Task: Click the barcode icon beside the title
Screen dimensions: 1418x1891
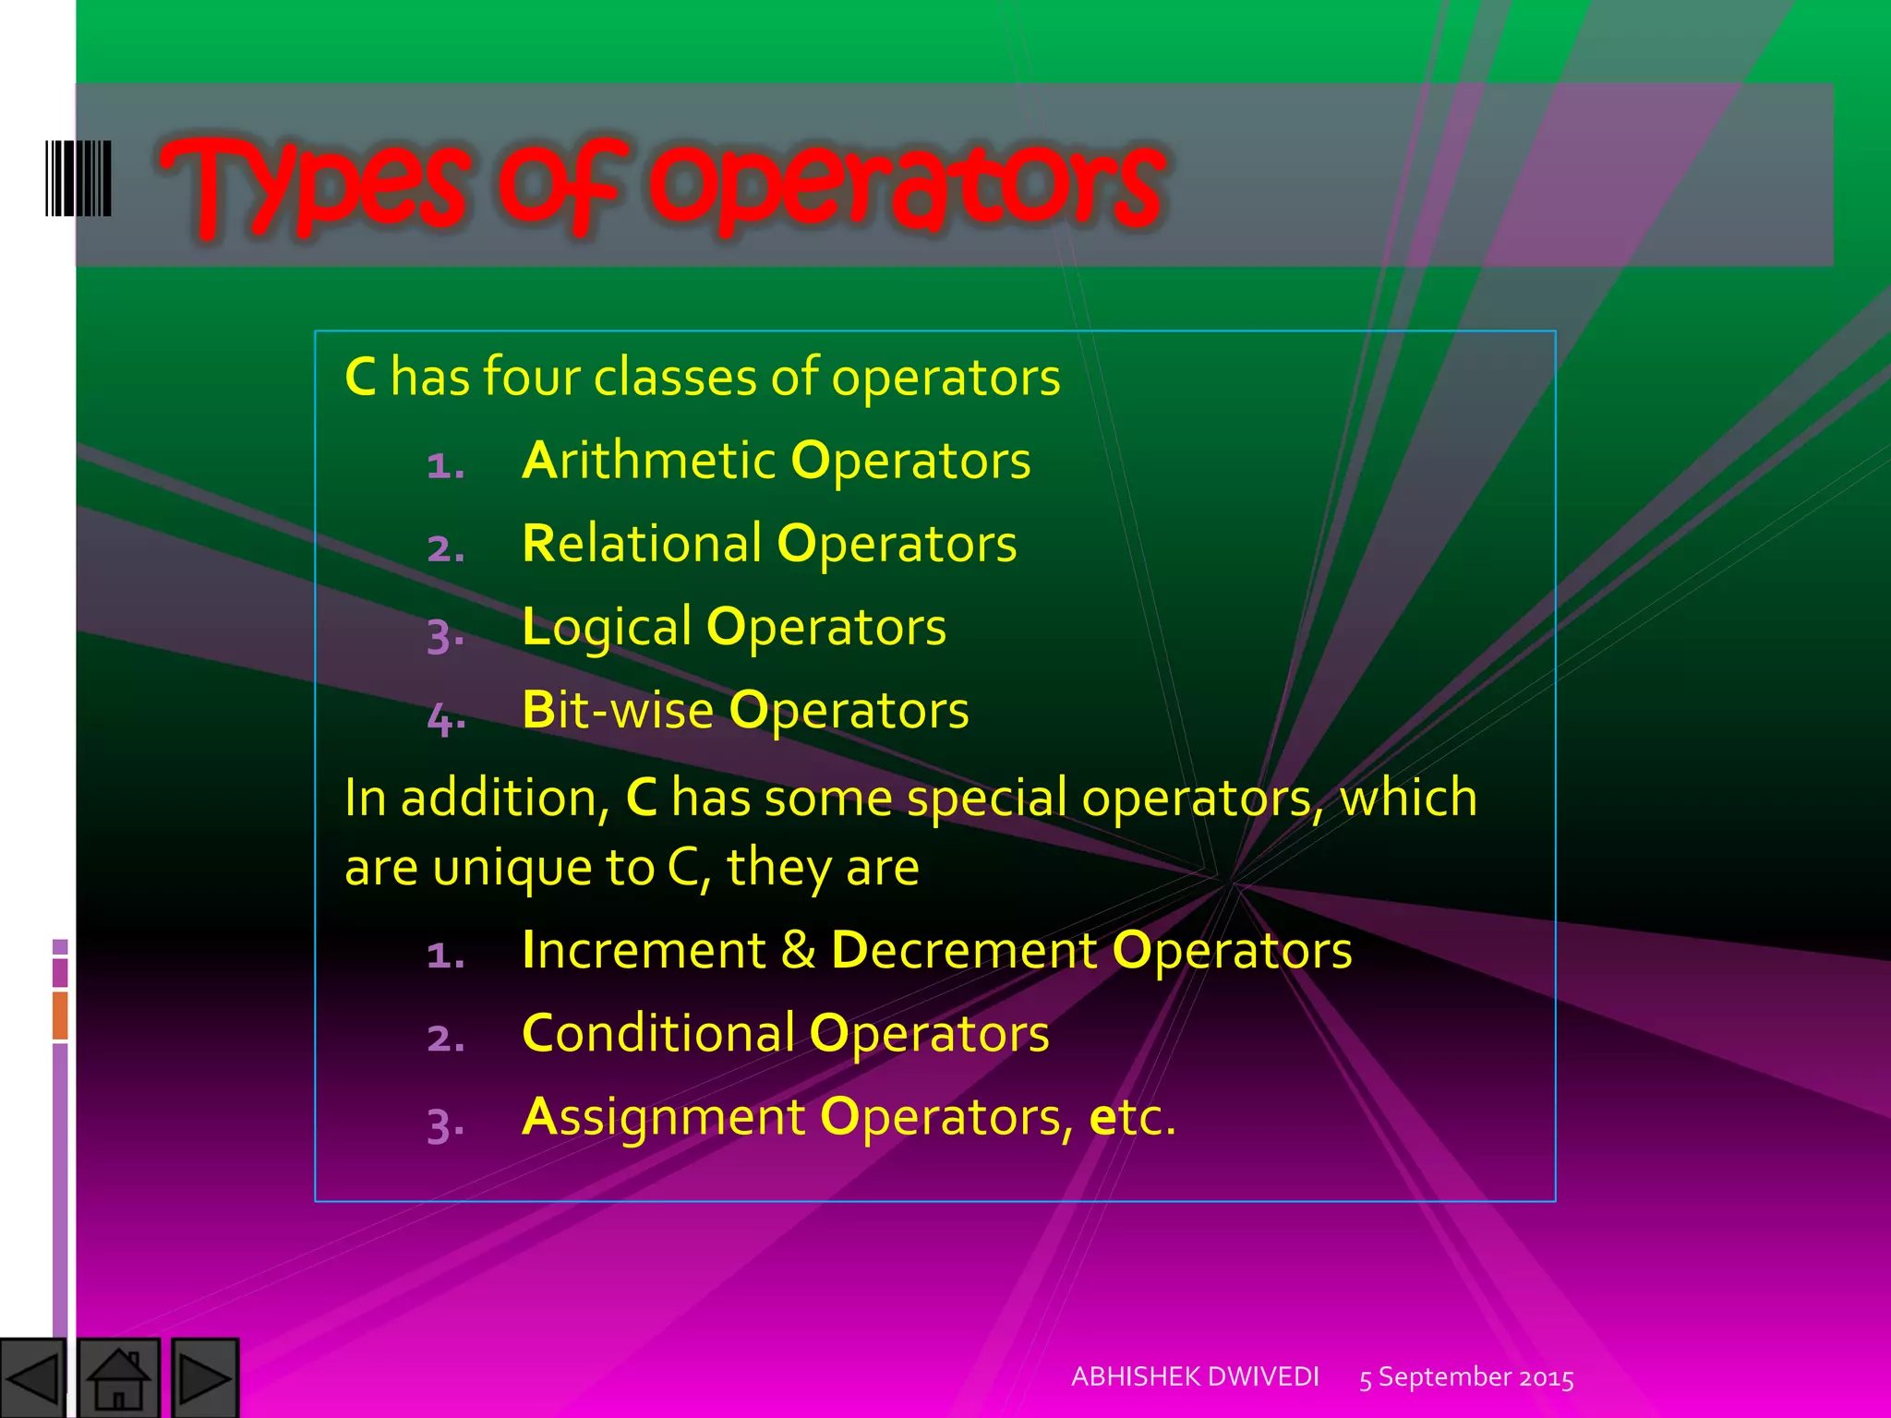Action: point(78,178)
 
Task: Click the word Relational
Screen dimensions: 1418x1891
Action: point(642,544)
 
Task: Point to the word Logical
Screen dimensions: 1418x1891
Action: point(607,628)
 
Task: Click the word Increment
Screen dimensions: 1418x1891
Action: point(644,950)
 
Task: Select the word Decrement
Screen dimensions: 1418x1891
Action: point(964,950)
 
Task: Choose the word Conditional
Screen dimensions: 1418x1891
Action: point(657,1033)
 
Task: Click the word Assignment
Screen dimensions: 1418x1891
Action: point(663,1117)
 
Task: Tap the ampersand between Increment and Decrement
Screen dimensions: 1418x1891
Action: point(799,950)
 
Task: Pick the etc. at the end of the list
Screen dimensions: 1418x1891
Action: point(1133,1117)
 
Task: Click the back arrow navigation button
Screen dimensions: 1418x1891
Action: point(32,1378)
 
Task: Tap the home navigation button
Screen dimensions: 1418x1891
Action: point(118,1378)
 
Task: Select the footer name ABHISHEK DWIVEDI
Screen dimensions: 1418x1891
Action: point(1195,1376)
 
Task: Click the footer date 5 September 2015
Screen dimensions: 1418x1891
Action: point(1466,1377)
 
